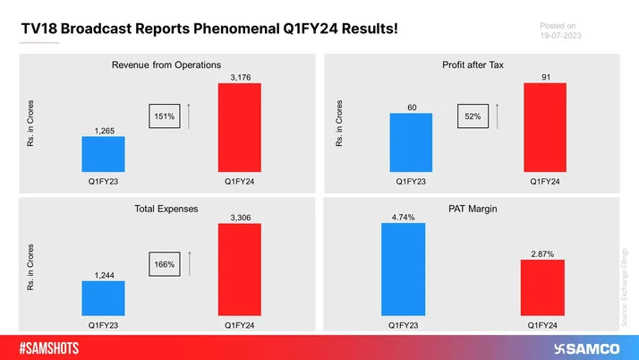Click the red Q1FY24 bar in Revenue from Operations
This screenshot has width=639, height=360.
pyautogui.click(x=240, y=127)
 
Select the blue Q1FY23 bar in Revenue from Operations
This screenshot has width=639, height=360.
pyautogui.click(x=103, y=154)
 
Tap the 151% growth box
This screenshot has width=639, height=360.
pyautogui.click(x=165, y=116)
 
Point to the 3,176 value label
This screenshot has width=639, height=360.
pyautogui.click(x=241, y=78)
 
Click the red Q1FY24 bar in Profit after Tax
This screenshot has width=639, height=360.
pyautogui.click(x=545, y=127)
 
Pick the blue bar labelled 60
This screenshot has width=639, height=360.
pyautogui.click(x=411, y=142)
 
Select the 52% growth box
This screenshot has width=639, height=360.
pyautogui.click(x=473, y=116)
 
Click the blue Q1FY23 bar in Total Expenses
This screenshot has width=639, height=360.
pyautogui.click(x=103, y=298)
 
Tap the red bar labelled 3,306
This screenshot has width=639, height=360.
pyautogui.click(x=240, y=270)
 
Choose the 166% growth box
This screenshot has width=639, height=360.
pyautogui.click(x=165, y=264)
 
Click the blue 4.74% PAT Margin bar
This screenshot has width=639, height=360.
pyautogui.click(x=403, y=269)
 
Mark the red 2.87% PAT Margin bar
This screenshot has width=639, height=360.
pyautogui.click(x=542, y=287)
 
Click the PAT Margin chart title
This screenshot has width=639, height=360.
pyautogui.click(x=473, y=209)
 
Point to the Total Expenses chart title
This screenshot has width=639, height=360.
pyautogui.click(x=166, y=209)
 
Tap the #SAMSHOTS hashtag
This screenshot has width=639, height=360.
pyautogui.click(x=49, y=348)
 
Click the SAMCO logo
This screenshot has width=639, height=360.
pyautogui.click(x=587, y=348)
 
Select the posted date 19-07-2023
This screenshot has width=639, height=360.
pyautogui.click(x=561, y=36)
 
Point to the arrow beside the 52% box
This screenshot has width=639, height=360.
pyautogui.click(x=497, y=116)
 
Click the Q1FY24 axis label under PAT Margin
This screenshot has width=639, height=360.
pyautogui.click(x=542, y=325)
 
